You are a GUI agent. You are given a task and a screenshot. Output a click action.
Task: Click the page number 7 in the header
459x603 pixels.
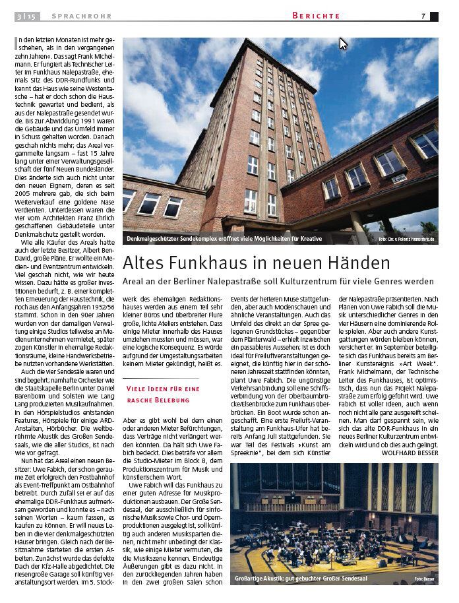[423, 16]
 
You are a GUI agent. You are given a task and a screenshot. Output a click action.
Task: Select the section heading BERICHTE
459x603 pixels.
[317, 16]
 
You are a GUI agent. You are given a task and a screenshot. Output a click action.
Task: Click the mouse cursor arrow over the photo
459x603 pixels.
[342, 44]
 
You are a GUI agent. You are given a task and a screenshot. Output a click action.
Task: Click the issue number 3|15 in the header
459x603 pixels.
[26, 16]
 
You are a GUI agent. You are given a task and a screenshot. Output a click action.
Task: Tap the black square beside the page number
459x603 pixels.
[434, 16]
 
